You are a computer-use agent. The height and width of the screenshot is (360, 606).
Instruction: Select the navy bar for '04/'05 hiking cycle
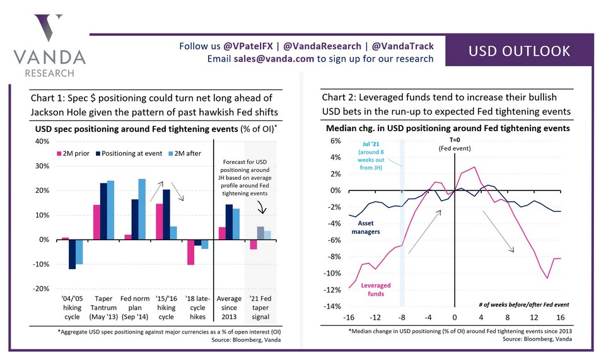click(x=73, y=255)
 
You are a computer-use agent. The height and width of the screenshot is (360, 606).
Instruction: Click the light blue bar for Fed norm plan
click(x=142, y=209)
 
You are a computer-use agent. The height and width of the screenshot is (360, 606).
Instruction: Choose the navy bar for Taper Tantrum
click(x=103, y=211)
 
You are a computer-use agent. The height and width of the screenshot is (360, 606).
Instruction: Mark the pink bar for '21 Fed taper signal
click(x=253, y=245)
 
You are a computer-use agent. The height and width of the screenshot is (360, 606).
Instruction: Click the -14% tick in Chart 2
click(x=333, y=306)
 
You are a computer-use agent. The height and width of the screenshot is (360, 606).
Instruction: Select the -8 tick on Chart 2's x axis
click(x=401, y=316)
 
